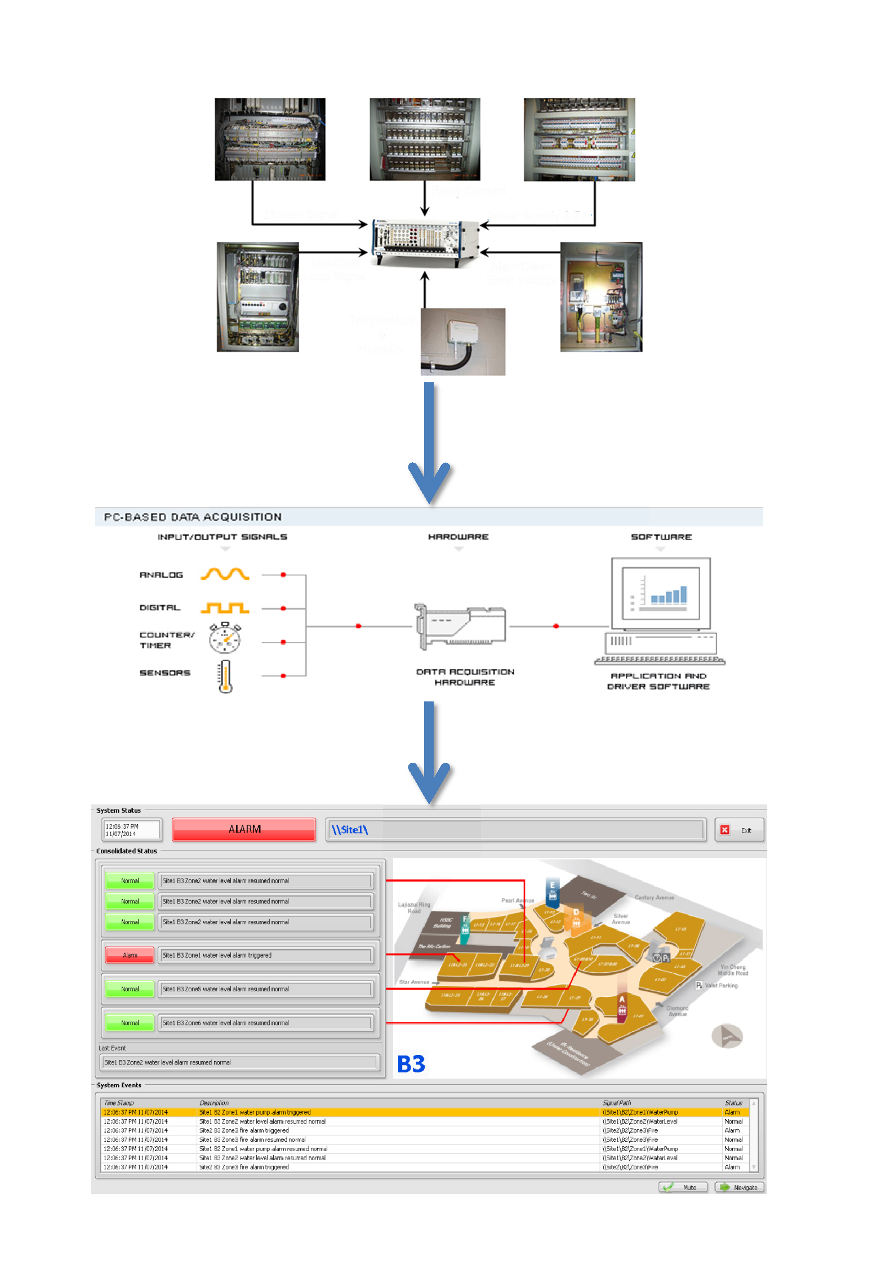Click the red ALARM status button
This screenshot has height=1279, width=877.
243,829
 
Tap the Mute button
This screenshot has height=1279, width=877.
682,1187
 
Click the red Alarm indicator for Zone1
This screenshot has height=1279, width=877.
130,955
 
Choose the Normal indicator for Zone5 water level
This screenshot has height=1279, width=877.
130,989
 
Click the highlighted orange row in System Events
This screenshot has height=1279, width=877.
394,1112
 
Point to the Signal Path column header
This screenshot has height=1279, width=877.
616,1103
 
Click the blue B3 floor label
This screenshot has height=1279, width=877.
411,1063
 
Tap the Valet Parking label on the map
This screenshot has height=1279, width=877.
720,985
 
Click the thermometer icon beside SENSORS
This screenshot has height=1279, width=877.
225,676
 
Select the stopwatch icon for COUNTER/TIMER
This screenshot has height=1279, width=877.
225,638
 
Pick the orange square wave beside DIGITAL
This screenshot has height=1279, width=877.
225,607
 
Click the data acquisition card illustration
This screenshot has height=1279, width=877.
460,626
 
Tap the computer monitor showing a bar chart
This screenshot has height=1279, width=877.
660,594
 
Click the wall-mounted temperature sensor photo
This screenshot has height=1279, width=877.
462,341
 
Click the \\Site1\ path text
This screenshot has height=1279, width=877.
349,829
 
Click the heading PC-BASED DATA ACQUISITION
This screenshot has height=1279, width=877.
193,517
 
